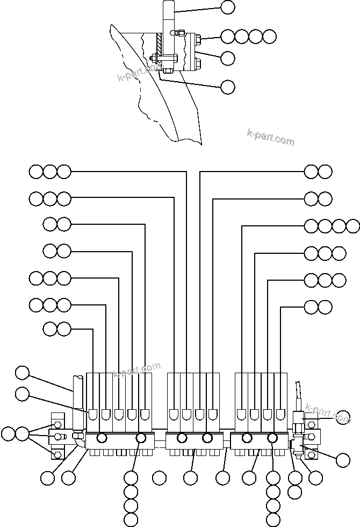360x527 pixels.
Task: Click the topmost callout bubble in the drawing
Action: (228, 8)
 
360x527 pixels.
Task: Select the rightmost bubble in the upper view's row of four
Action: (270, 37)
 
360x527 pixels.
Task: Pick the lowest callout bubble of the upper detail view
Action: (228, 86)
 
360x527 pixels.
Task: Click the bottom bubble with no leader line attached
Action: (159, 477)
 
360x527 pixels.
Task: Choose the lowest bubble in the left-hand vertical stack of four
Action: (131, 519)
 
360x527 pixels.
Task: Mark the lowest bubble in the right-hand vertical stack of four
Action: (273, 519)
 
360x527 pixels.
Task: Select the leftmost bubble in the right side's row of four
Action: (311, 225)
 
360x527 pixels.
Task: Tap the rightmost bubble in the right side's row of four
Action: (353, 225)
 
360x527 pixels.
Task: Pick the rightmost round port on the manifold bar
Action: (273, 438)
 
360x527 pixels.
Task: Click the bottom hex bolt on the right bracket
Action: (312, 455)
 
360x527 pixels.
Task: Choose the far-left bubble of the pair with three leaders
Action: (8, 433)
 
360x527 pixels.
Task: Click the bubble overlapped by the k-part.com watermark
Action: (342, 417)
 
